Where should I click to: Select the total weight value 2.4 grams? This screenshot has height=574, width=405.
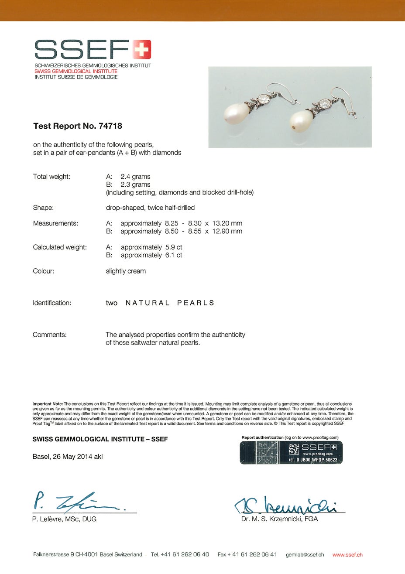click(135, 177)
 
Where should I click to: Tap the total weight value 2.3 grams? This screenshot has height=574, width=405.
click(135, 184)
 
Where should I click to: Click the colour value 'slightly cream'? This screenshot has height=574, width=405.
click(126, 271)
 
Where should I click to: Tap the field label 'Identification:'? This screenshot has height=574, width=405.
click(51, 303)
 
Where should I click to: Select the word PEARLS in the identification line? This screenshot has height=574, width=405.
click(196, 303)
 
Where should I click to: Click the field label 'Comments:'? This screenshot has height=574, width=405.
click(50, 335)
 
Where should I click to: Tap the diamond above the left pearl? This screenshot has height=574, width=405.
click(264, 99)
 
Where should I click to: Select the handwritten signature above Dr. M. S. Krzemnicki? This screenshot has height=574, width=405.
click(288, 506)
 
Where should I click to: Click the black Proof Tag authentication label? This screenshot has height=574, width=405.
click(291, 453)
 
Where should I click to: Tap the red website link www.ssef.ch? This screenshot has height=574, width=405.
click(347, 555)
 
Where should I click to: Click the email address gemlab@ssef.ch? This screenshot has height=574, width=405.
click(305, 555)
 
